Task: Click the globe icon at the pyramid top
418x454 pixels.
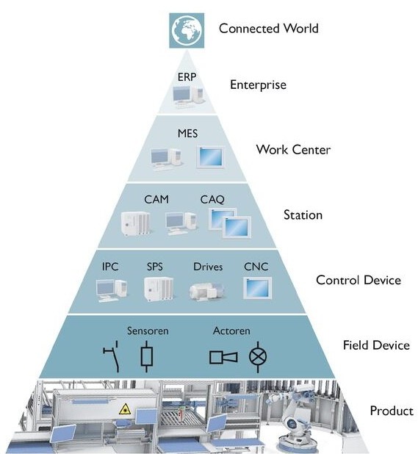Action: (x=187, y=30)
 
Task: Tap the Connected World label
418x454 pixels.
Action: (x=269, y=29)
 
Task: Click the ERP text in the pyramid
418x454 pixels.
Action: (x=187, y=77)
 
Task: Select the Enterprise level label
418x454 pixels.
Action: (x=258, y=84)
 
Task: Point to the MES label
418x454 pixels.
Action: (x=188, y=134)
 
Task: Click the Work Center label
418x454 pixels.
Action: (x=293, y=150)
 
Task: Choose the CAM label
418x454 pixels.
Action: (x=156, y=199)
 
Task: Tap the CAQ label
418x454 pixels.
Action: (x=212, y=200)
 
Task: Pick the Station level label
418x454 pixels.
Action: (x=303, y=215)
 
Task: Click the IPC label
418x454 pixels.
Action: (x=110, y=267)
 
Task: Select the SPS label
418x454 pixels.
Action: (x=154, y=267)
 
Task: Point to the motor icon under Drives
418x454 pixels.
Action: (x=206, y=291)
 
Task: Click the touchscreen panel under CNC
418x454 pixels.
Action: (x=257, y=288)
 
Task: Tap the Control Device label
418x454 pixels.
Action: (x=358, y=280)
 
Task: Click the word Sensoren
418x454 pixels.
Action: (x=148, y=331)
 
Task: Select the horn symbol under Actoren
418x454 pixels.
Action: (x=223, y=357)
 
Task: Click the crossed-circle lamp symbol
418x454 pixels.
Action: (x=258, y=357)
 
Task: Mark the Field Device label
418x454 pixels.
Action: (x=376, y=345)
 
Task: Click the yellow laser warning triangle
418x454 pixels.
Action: (x=125, y=409)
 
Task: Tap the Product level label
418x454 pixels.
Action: (x=392, y=411)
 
